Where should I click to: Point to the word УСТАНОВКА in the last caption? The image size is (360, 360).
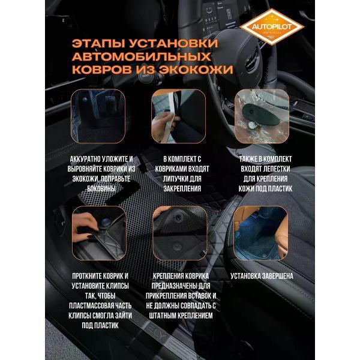click(x=245, y=277)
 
